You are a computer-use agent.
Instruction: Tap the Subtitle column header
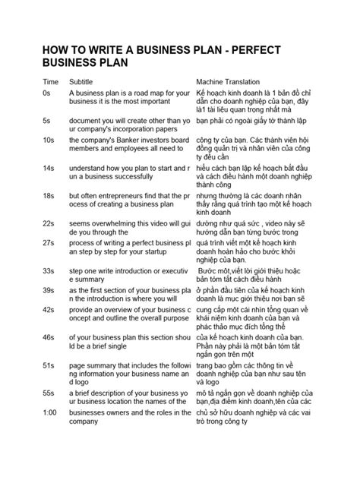point(84,81)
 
